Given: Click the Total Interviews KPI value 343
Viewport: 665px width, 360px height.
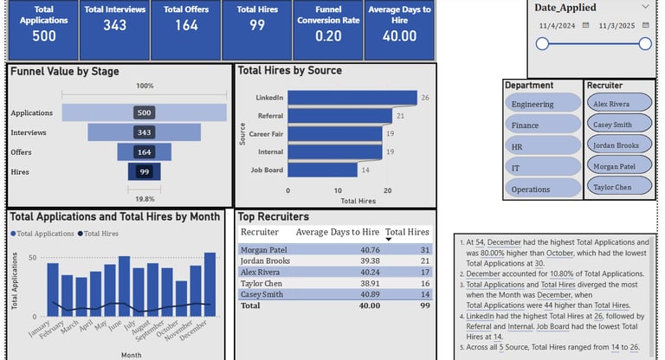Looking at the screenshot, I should (x=114, y=35).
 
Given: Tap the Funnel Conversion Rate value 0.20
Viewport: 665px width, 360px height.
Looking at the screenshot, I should (x=328, y=35).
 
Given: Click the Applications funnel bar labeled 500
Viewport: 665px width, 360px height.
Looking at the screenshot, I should (x=145, y=112).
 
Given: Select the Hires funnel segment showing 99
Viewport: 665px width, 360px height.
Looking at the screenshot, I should (x=145, y=172).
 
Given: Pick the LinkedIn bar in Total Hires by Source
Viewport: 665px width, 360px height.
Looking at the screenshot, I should (x=352, y=98).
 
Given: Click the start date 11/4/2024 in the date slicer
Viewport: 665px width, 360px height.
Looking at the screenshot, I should (x=556, y=26).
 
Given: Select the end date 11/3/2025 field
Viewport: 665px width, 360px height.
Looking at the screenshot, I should (x=616, y=26).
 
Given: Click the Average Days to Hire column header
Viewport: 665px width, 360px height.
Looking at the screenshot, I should (x=337, y=232).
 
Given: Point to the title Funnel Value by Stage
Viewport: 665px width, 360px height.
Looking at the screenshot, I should (x=65, y=72).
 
